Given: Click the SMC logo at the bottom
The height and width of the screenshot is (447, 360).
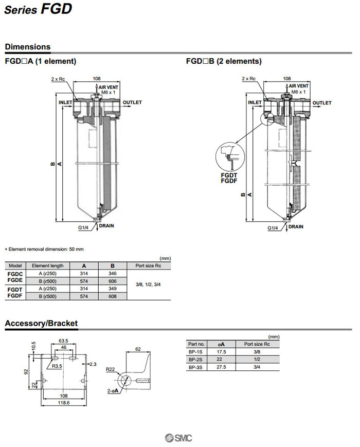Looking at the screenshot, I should [178, 438].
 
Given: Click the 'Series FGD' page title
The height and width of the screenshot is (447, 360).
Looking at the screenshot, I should [38, 9].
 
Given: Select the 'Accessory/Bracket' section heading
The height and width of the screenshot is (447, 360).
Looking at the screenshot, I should [41, 323].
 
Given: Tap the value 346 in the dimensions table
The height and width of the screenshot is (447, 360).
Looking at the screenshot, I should [113, 274].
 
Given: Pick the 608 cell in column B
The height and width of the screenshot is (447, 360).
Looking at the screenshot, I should [113, 297].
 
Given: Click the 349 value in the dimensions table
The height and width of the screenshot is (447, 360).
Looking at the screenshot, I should [113, 289].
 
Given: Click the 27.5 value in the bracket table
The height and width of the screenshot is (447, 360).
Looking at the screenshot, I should [222, 367].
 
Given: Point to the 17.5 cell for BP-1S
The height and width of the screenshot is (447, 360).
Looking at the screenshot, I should [222, 351].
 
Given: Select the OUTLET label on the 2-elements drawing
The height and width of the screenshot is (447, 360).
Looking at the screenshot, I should [322, 103].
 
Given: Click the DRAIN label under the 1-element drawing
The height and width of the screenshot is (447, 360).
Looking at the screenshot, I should [106, 226].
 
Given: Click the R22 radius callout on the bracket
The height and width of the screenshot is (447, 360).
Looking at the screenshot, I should [110, 369].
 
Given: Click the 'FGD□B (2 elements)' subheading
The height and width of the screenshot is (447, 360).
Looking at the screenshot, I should [224, 61].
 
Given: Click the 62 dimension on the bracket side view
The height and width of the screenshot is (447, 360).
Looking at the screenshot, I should [138, 349].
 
